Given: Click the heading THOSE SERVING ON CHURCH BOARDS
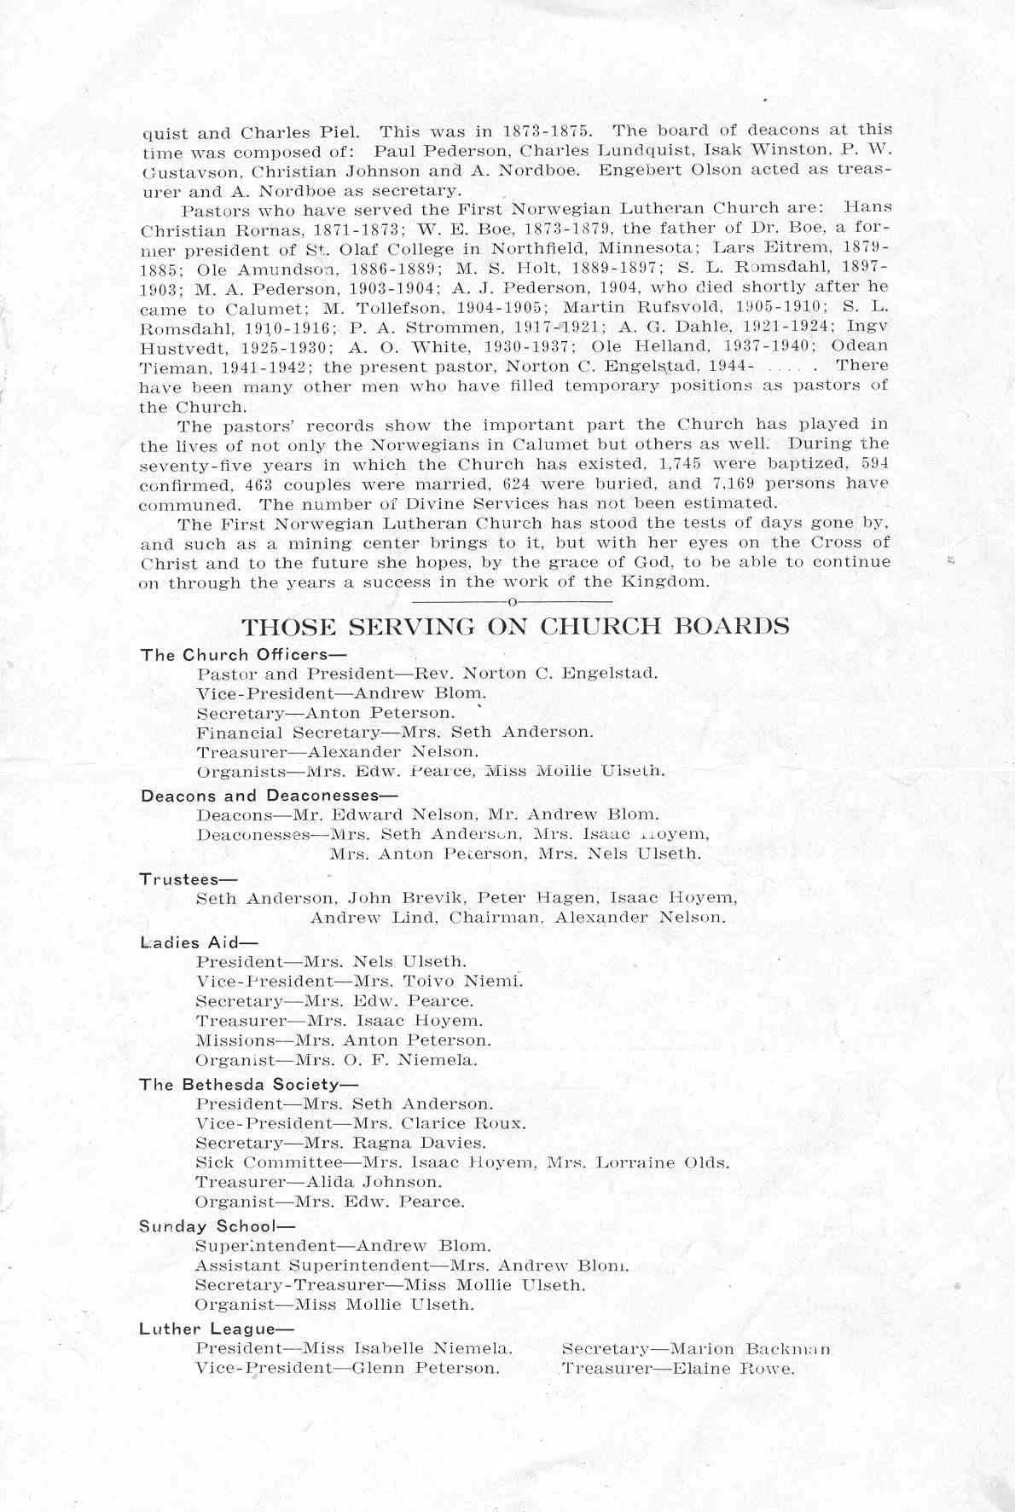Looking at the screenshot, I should [x=515, y=627].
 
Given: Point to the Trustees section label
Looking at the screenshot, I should [x=188, y=878].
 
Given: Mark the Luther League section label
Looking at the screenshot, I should [x=217, y=1329].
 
